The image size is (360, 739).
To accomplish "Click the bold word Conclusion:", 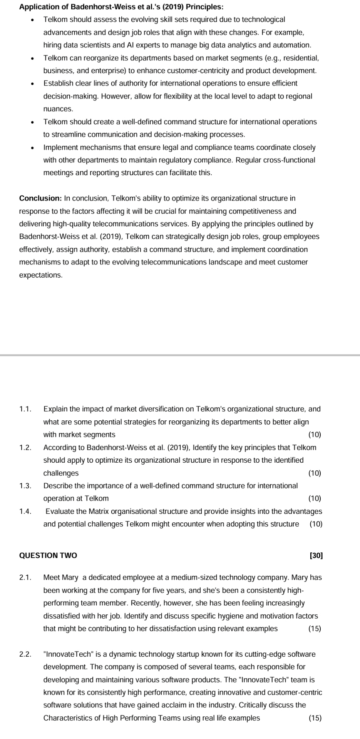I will pyautogui.click(x=40, y=198).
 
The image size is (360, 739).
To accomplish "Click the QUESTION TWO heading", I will pyautogui.click(x=48, y=555).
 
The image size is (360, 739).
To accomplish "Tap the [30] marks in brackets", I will pyautogui.click(x=316, y=555).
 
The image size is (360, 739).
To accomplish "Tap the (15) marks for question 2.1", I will pyautogui.click(x=315, y=629).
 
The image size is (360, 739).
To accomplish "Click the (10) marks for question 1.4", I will pyautogui.click(x=316, y=524).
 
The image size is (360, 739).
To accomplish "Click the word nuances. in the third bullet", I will pyautogui.click(x=58, y=109).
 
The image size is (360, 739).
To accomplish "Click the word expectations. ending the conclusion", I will pyautogui.click(x=40, y=275).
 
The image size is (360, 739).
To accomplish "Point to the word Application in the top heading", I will pyautogui.click(x=37, y=7).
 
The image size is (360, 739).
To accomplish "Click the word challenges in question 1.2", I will pyautogui.click(x=61, y=473).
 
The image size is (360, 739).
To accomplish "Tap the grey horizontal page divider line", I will pyautogui.click(x=180, y=355).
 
